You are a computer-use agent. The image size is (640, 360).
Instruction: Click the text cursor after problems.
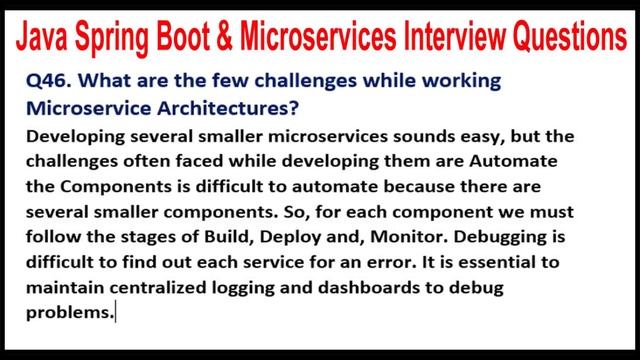coord(117,314)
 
